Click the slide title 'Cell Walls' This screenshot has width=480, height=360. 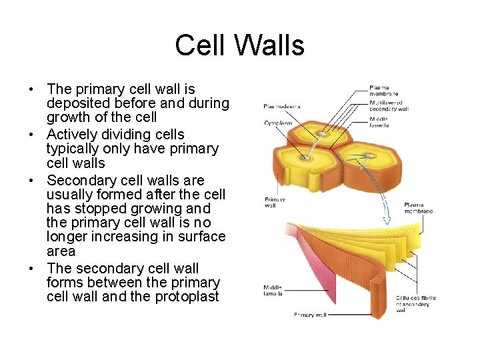coord(239,46)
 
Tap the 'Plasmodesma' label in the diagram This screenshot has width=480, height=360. coord(281,106)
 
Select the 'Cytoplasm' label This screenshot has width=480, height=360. coord(278,123)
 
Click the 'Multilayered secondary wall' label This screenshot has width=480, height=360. coord(389,106)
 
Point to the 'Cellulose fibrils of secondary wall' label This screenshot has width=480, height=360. coord(415,304)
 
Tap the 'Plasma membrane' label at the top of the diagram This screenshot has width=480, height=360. coord(384,91)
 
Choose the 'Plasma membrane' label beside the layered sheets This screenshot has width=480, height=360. coord(418,208)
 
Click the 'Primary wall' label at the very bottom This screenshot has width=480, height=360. coord(310,315)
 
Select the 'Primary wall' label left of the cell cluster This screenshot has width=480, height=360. coord(275,202)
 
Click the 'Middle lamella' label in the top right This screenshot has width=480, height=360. coord(379,122)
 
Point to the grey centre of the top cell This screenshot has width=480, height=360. coord(321,134)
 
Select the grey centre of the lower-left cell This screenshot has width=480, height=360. coord(305,158)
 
